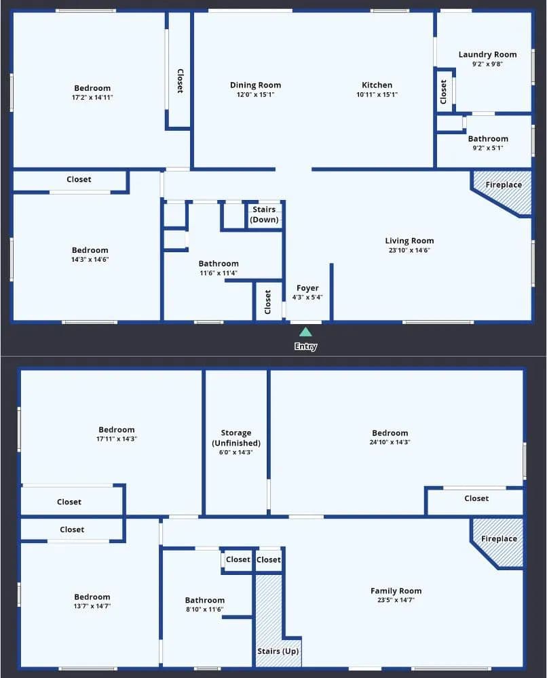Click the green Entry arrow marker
click(305, 332)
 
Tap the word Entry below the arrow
click(305, 346)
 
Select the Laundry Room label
click(488, 54)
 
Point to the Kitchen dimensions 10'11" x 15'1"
click(377, 95)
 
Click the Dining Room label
click(255, 85)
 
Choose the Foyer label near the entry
click(307, 288)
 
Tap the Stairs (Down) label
click(264, 214)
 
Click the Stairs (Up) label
click(278, 651)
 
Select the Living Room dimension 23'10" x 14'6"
click(409, 250)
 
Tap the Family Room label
click(396, 591)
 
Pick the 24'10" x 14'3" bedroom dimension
click(390, 442)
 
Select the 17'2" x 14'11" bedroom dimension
click(92, 98)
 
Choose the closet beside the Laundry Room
click(443, 92)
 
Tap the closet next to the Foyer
click(267, 302)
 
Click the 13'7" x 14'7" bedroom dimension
click(92, 606)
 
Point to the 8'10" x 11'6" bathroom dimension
click(205, 610)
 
